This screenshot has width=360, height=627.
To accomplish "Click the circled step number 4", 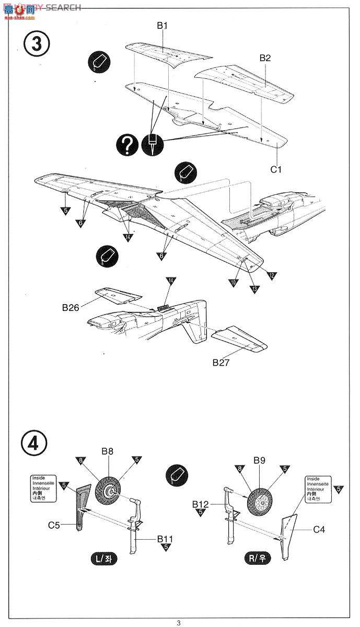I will (34, 443).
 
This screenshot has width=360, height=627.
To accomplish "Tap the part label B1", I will (162, 25).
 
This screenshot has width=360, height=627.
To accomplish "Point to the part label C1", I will (276, 169).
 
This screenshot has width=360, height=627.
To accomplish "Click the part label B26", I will (71, 308).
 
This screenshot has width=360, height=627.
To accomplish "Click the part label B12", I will (200, 504).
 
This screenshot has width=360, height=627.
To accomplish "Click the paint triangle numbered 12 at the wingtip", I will (272, 275).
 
